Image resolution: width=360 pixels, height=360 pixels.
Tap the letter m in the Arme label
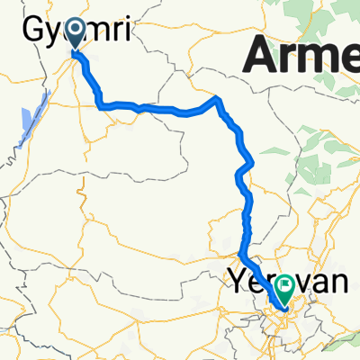(x=321, y=59)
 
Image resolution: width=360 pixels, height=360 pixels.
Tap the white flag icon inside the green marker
(x=285, y=286)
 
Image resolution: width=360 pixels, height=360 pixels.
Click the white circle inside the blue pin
(x=71, y=31)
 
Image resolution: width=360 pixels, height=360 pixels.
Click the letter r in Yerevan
(x=266, y=283)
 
